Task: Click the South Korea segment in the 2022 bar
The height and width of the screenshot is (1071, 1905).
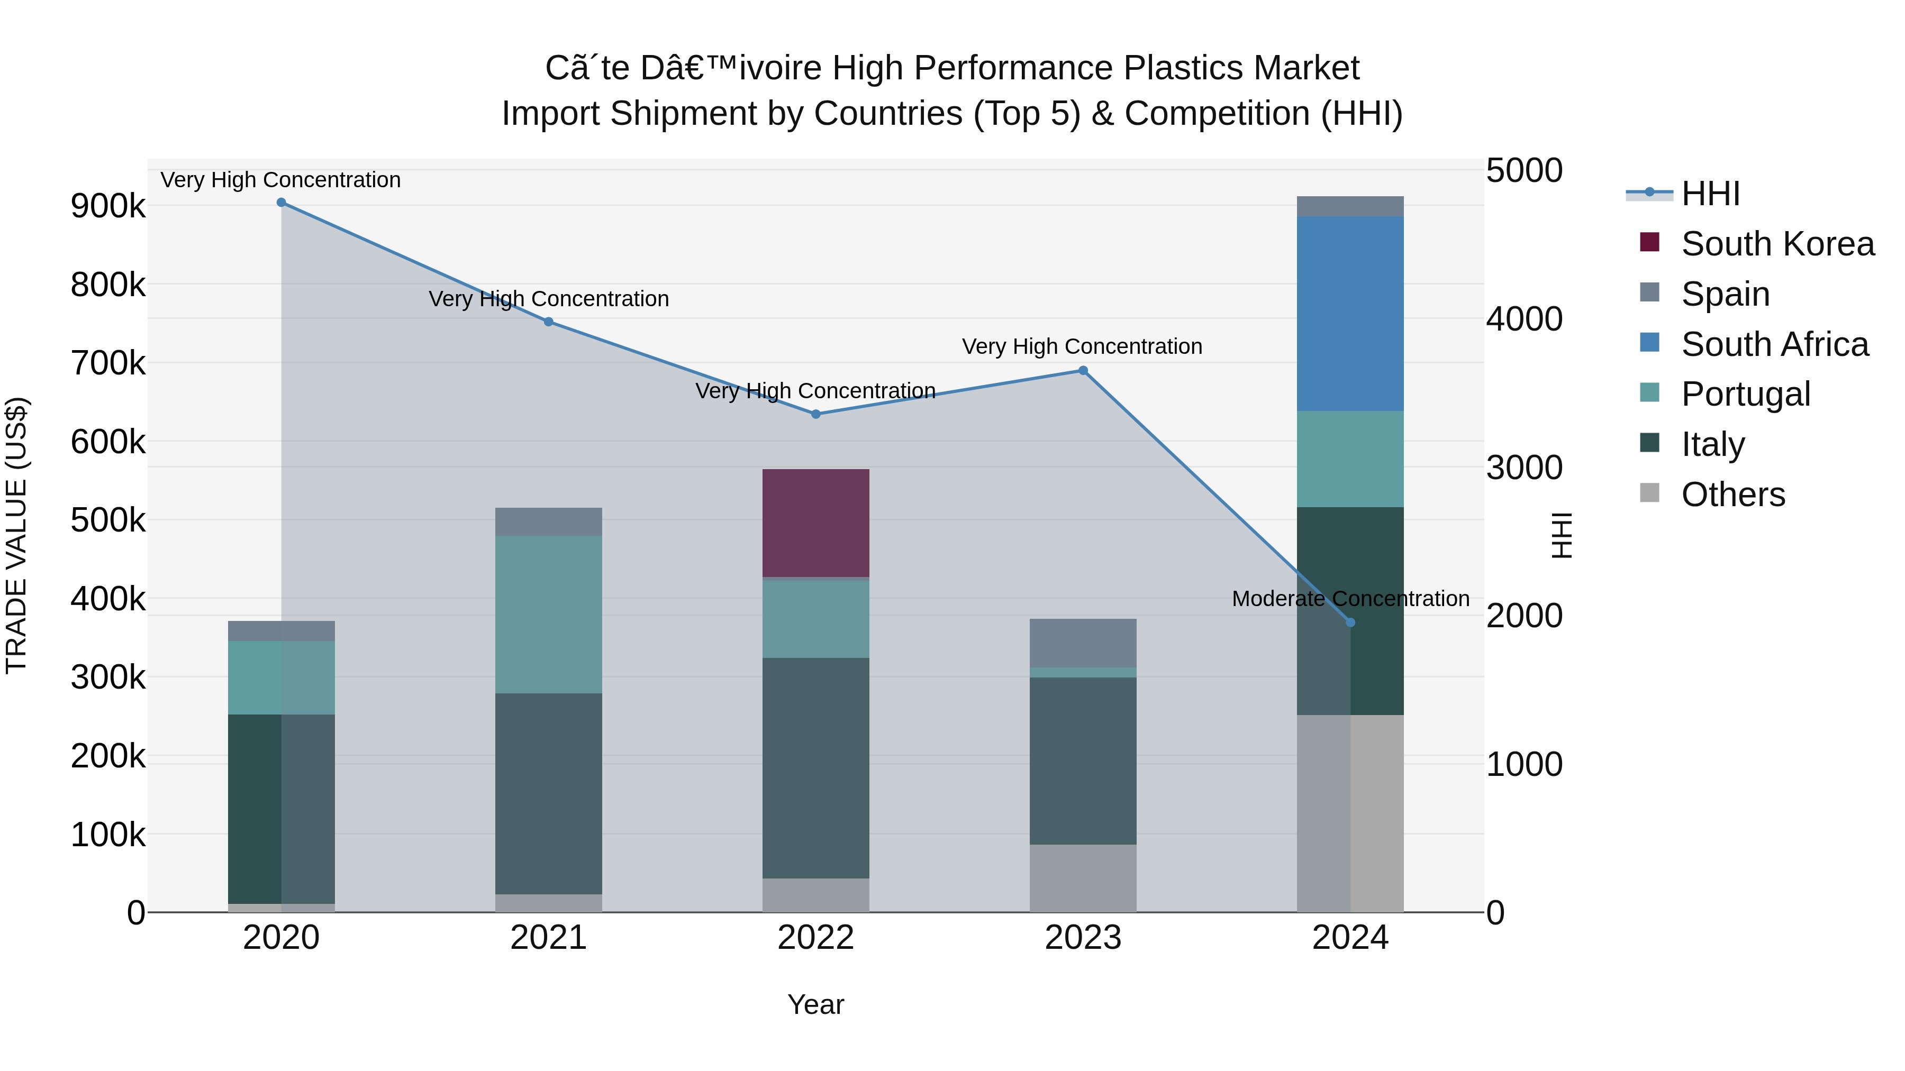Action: (815, 523)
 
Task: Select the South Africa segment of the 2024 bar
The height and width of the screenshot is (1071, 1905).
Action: (1350, 314)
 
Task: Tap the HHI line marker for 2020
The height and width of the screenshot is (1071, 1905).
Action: (281, 203)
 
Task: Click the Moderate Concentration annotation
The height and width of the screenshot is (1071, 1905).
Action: (1350, 599)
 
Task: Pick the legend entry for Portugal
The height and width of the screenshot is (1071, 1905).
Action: (1745, 394)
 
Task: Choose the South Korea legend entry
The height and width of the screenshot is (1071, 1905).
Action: (1777, 244)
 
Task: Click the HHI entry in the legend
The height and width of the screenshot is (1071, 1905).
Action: (1710, 194)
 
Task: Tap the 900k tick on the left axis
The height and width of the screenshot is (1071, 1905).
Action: (108, 206)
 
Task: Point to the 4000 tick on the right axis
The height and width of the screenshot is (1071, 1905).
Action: (1524, 319)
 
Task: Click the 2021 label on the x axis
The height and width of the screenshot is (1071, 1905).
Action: (548, 938)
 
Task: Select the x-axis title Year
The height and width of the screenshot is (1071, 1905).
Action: (815, 1004)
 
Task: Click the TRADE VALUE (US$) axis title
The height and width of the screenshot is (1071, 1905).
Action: (16, 535)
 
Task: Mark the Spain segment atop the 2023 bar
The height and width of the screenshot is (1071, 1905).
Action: (1083, 643)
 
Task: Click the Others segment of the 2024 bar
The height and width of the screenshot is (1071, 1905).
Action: (1350, 813)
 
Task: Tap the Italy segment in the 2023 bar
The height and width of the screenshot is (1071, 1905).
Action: (1083, 761)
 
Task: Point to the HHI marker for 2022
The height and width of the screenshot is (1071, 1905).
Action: (815, 414)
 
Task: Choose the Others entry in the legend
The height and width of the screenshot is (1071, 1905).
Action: (1732, 495)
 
